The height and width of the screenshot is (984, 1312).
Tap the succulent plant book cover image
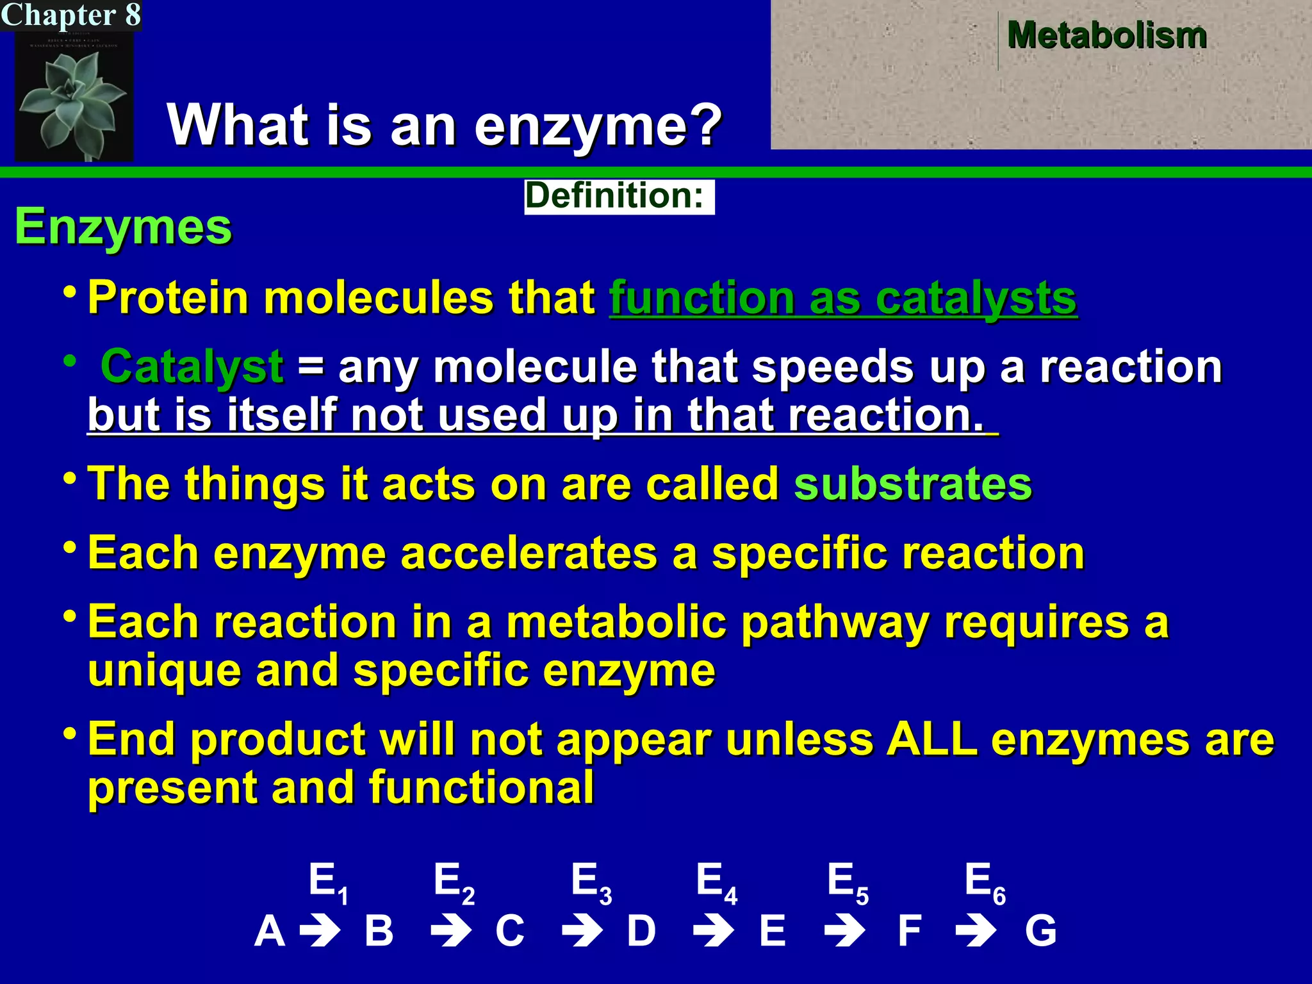pyautogui.click(x=74, y=96)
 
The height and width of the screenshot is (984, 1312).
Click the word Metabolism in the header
pyautogui.click(x=1106, y=35)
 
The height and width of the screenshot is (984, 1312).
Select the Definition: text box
pyautogui.click(x=618, y=196)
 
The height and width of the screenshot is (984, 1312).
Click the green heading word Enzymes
pyautogui.click(x=123, y=227)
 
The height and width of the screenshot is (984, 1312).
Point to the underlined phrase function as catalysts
pyautogui.click(x=842, y=298)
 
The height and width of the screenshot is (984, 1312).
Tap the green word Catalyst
pyautogui.click(x=192, y=367)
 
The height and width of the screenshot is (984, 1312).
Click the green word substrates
pyautogui.click(x=913, y=484)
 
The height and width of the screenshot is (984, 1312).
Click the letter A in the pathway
pyautogui.click(x=269, y=931)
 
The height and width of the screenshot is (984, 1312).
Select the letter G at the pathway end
pyautogui.click(x=1040, y=931)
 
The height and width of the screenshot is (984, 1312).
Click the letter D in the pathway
pyautogui.click(x=641, y=931)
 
